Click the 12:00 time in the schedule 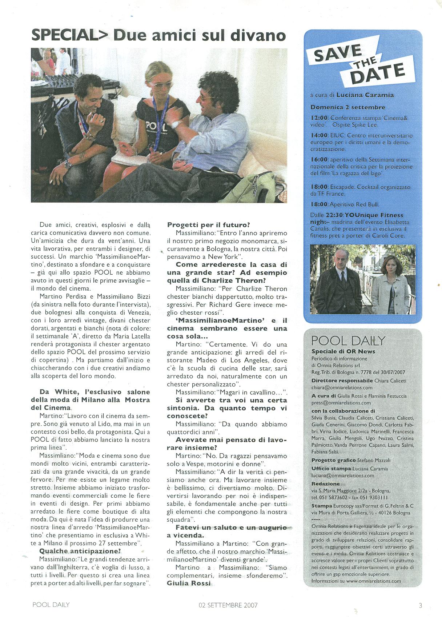(319, 118)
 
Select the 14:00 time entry (319, 136)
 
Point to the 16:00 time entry (319, 160)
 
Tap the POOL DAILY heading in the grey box (348, 341)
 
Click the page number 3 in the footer (420, 605)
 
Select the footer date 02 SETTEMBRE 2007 (228, 605)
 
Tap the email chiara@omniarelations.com (337, 388)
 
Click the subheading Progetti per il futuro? (208, 225)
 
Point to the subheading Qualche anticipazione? (80, 551)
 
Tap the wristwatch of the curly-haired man (177, 124)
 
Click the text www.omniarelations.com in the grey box (373, 581)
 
